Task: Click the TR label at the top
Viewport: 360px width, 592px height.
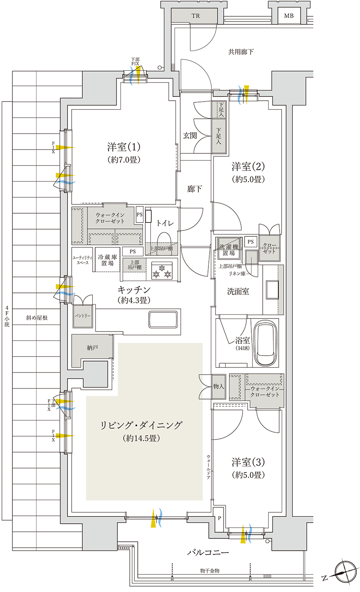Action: pyautogui.click(x=196, y=16)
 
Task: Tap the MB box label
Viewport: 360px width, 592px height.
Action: pyautogui.click(x=289, y=16)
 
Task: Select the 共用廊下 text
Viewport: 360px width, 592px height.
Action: pyautogui.click(x=241, y=52)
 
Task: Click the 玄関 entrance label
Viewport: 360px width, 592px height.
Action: pyautogui.click(x=190, y=136)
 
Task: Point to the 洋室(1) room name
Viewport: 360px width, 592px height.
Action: pyautogui.click(x=124, y=147)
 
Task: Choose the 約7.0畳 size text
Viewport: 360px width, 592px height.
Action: pyautogui.click(x=124, y=160)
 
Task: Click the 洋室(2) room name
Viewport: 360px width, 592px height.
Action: pyautogui.click(x=248, y=166)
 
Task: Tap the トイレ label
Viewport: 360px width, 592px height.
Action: pyautogui.click(x=165, y=223)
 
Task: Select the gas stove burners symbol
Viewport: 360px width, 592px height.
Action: pyautogui.click(x=162, y=271)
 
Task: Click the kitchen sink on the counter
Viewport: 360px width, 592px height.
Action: pyautogui.click(x=163, y=319)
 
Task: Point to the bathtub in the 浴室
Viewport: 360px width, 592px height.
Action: pyautogui.click(x=265, y=343)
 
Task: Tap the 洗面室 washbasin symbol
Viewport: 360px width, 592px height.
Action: pyautogui.click(x=272, y=290)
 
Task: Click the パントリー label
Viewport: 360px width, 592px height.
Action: pyautogui.click(x=83, y=316)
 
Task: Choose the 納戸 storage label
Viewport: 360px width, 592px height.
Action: pyautogui.click(x=93, y=348)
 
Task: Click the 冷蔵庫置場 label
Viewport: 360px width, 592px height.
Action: pyautogui.click(x=107, y=260)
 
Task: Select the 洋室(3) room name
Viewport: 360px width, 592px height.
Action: pyautogui.click(x=248, y=462)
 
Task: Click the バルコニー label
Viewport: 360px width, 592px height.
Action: pyautogui.click(x=208, y=552)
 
